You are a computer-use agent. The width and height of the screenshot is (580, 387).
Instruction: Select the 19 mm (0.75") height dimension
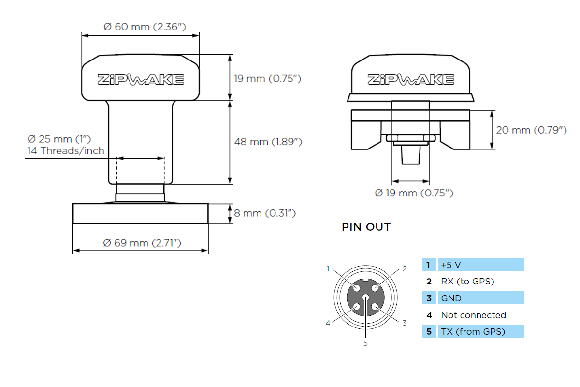(268, 78)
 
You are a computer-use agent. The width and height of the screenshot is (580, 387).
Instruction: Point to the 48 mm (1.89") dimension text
(268, 142)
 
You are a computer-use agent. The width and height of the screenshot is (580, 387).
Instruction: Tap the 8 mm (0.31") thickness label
(265, 213)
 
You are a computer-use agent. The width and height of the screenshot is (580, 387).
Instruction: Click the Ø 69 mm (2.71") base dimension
(142, 243)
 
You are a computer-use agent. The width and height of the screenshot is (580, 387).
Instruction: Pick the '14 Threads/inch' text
(65, 150)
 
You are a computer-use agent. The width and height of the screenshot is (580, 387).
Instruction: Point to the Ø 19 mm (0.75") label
(414, 193)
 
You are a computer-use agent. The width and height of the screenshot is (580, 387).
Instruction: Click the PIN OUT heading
(366, 227)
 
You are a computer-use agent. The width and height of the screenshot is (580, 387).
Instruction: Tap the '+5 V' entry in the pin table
(451, 265)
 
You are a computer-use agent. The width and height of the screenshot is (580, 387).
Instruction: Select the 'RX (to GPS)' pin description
(467, 281)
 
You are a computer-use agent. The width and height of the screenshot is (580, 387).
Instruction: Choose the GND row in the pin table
(451, 298)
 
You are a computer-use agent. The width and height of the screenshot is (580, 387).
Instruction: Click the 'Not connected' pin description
(473, 315)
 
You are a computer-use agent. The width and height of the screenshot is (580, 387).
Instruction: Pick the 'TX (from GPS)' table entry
(473, 331)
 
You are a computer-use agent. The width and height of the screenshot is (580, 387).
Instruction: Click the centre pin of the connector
(365, 298)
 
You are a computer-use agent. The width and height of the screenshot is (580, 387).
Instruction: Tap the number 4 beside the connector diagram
(328, 323)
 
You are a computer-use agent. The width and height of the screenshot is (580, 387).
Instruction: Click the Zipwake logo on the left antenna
(140, 79)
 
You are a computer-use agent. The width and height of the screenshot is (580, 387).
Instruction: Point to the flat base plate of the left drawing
(140, 213)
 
